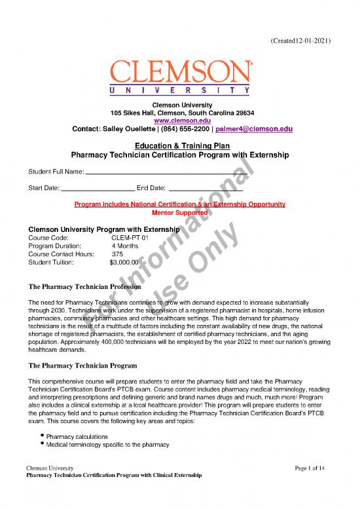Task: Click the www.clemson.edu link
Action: point(179,121)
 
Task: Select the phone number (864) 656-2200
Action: point(179,129)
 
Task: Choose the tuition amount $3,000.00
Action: point(124,262)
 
